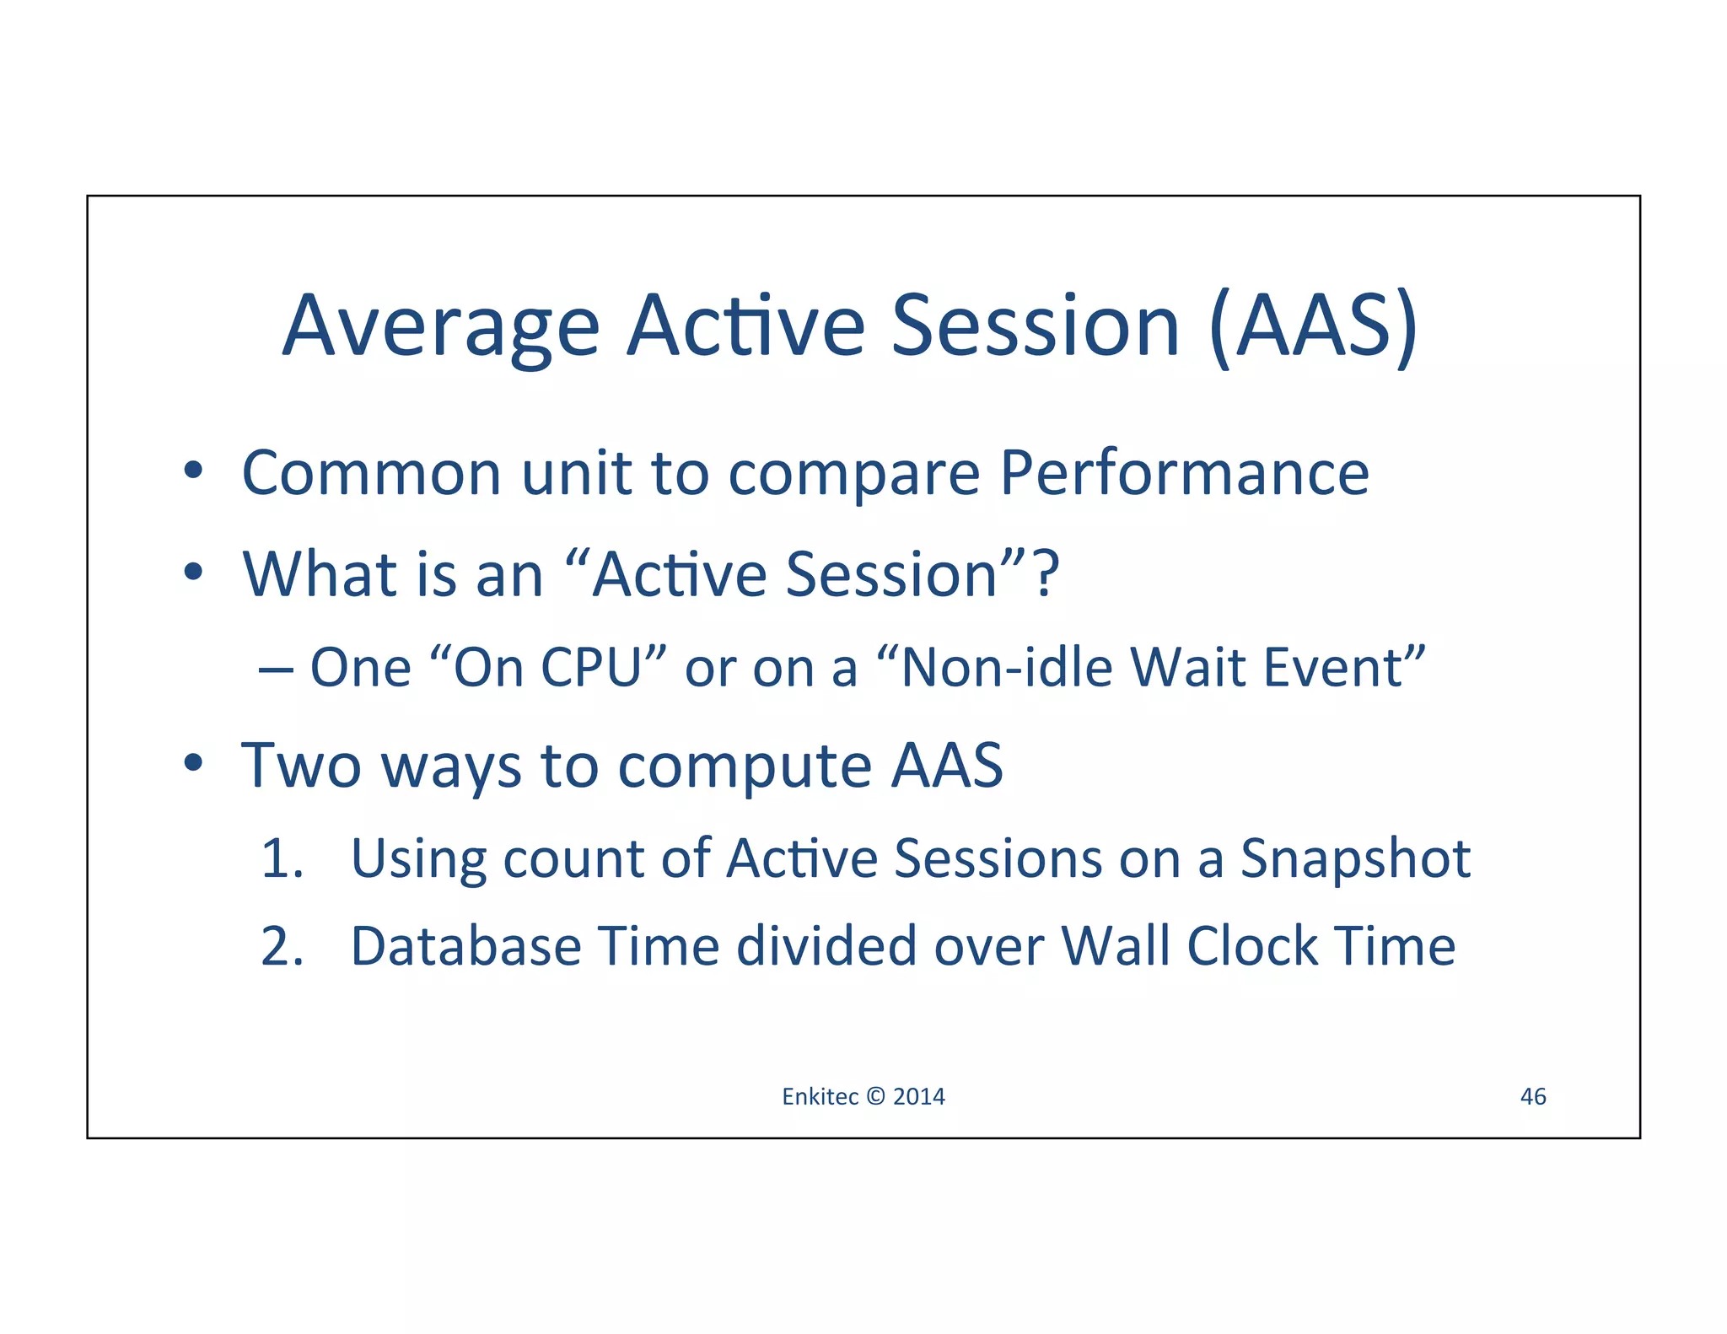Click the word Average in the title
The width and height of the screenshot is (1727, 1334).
pyautogui.click(x=440, y=327)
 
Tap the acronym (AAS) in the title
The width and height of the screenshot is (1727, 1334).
pyautogui.click(x=1313, y=327)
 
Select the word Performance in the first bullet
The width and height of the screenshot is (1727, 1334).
pyautogui.click(x=1184, y=473)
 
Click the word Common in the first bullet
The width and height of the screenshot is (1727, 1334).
pyautogui.click(x=371, y=473)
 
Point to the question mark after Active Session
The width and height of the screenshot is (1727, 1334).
pyautogui.click(x=1046, y=574)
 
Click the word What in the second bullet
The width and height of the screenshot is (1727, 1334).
pyautogui.click(x=320, y=574)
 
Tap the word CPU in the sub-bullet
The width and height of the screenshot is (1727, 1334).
pyautogui.click(x=591, y=668)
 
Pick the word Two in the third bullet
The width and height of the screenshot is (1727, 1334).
pyautogui.click(x=300, y=766)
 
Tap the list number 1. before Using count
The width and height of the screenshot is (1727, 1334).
pyautogui.click(x=282, y=859)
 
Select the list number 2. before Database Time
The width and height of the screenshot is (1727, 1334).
pyautogui.click(x=282, y=946)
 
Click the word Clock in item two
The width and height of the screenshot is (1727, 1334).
pyautogui.click(x=1251, y=946)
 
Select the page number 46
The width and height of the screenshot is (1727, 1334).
pyautogui.click(x=1532, y=1096)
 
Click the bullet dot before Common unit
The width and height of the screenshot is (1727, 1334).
pyautogui.click(x=193, y=471)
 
